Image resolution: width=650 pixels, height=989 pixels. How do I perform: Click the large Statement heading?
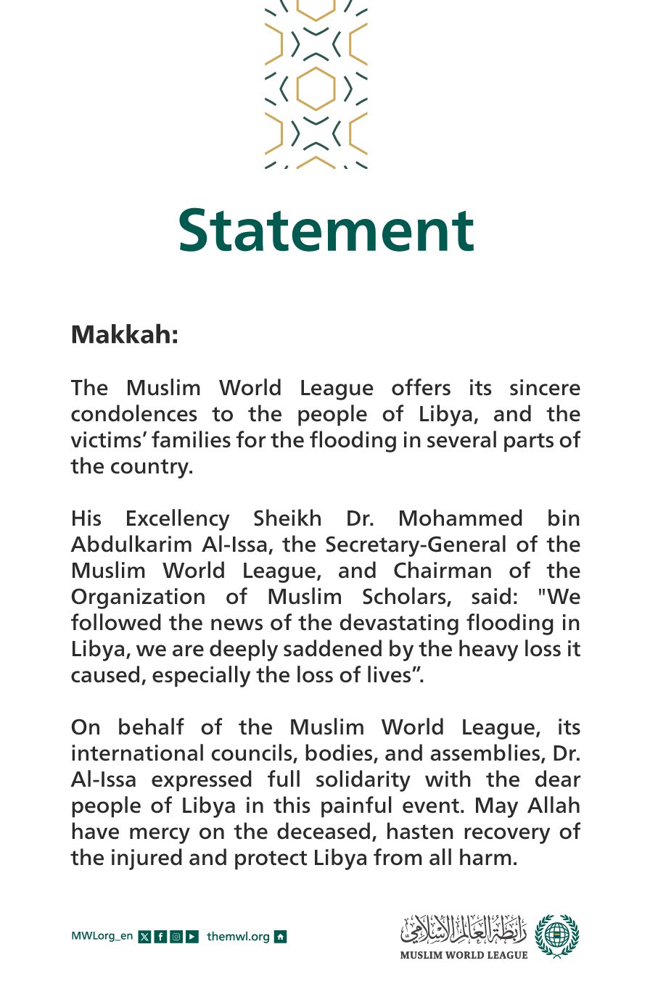click(326, 230)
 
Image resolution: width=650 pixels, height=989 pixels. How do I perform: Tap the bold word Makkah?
click(124, 335)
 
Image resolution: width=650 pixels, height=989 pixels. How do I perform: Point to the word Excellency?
click(177, 518)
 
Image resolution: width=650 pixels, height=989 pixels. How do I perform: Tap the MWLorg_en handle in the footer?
click(102, 936)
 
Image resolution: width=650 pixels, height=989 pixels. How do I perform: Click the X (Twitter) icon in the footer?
click(144, 936)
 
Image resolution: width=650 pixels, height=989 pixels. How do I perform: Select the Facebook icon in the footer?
click(160, 936)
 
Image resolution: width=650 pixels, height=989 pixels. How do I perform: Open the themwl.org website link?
click(238, 936)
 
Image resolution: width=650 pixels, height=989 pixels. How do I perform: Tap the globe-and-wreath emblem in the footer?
click(557, 936)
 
